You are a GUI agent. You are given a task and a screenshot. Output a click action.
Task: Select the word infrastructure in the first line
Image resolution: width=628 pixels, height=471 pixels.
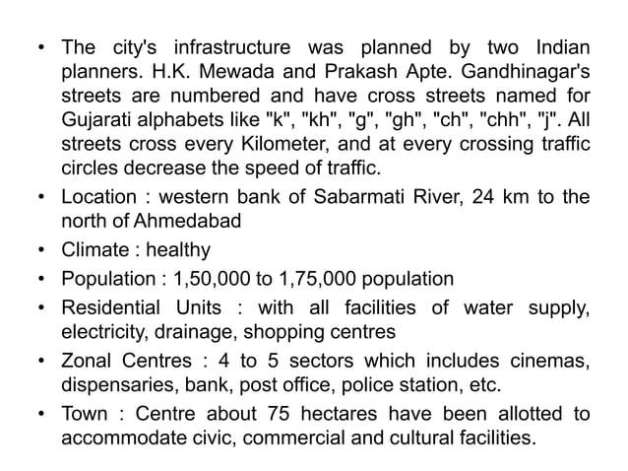coord(229,47)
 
